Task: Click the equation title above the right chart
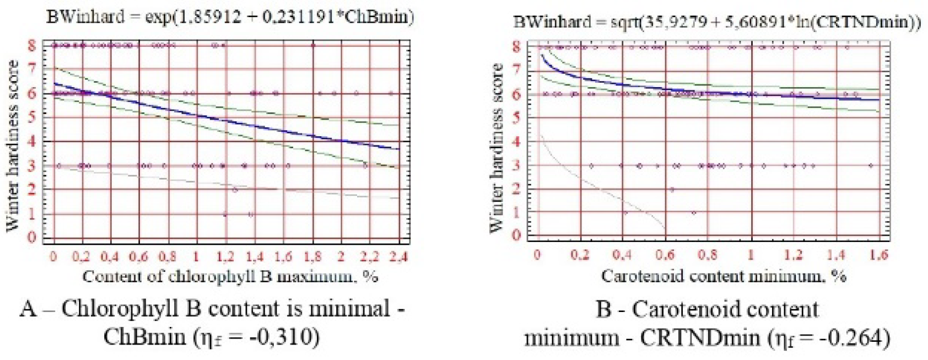click(716, 23)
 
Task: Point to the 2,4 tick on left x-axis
click(398, 257)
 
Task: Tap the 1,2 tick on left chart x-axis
click(225, 257)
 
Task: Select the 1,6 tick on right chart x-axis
click(880, 255)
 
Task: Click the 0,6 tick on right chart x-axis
click(665, 255)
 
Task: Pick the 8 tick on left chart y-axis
click(31, 45)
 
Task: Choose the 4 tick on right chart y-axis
click(516, 142)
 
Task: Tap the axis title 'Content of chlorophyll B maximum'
click(230, 276)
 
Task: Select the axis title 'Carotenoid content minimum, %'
click(723, 275)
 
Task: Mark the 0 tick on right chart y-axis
click(516, 235)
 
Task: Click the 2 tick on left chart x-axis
click(341, 257)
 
